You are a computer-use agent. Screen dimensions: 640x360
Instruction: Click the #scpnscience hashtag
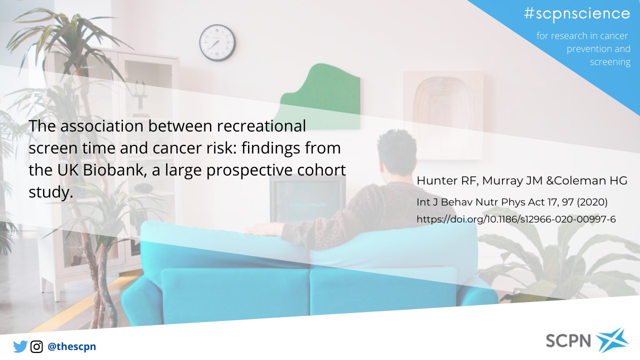click(577, 13)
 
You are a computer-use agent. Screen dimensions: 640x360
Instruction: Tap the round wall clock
click(217, 42)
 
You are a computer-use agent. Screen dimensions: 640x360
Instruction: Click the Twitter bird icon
click(20, 346)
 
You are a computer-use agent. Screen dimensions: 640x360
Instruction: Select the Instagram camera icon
click(36, 347)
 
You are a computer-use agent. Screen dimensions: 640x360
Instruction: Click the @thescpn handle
click(71, 346)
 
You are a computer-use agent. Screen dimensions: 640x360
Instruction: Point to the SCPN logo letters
click(568, 340)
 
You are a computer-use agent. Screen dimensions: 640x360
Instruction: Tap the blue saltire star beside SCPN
click(612, 340)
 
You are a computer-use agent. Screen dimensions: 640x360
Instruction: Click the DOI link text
click(516, 219)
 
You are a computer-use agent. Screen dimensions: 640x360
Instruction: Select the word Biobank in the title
click(115, 169)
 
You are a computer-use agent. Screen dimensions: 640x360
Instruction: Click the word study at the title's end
click(51, 192)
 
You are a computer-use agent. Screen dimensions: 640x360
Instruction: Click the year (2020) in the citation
click(592, 202)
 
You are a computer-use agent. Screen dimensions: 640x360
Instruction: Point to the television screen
click(307, 198)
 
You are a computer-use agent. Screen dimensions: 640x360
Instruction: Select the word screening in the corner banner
click(610, 62)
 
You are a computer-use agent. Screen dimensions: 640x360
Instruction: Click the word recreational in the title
click(261, 125)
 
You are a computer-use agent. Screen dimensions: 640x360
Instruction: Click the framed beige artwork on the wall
click(443, 114)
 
